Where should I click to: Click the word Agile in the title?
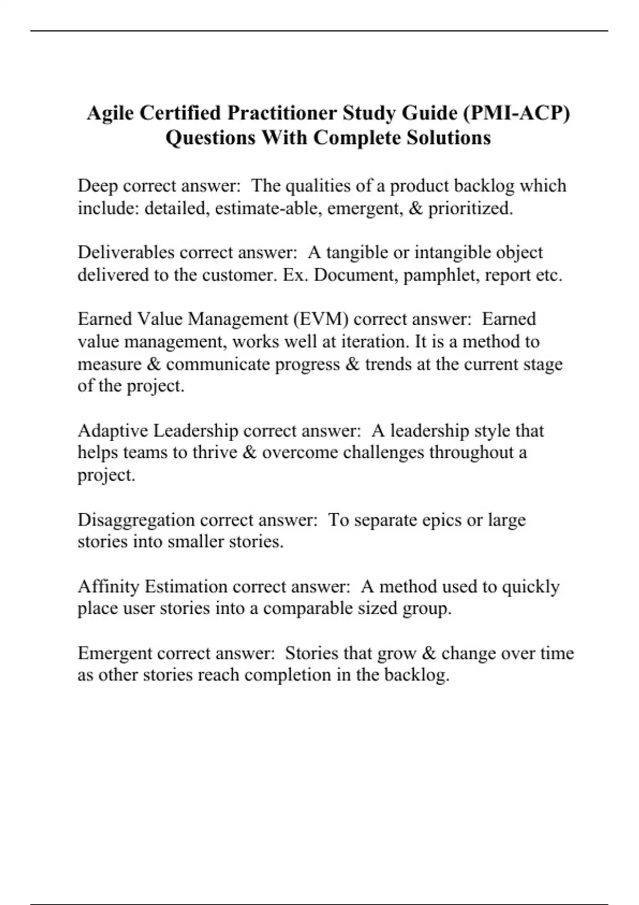point(109,113)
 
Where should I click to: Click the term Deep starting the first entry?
point(98,186)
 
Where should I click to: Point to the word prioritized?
point(471,208)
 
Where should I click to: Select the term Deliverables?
point(126,252)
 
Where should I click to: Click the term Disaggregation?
point(136,520)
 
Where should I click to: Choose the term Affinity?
point(109,587)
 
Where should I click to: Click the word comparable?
point(307,608)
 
